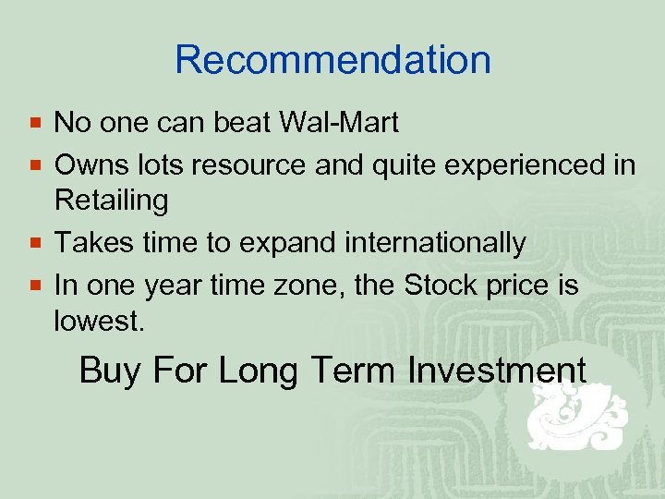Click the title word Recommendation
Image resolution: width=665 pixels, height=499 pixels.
click(x=332, y=60)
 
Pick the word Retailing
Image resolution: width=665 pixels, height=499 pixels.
click(x=111, y=200)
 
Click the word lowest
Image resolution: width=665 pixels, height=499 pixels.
click(x=98, y=321)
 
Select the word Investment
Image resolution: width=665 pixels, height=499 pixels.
click(x=494, y=371)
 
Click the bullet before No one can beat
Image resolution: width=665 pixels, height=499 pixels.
click(x=35, y=123)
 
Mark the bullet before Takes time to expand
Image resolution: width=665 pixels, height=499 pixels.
click(x=35, y=244)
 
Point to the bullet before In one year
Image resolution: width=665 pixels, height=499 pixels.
click(x=35, y=286)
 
